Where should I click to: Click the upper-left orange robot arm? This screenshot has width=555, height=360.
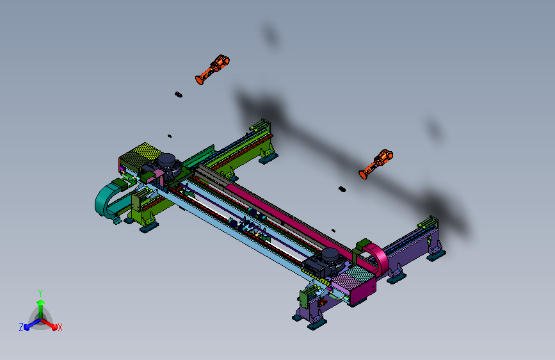point(212,69)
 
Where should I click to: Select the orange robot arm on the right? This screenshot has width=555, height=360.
point(376,164)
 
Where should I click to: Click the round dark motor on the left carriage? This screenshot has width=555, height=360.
point(167,161)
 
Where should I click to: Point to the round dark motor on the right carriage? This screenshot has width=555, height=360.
point(330,256)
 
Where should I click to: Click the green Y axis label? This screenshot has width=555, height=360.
point(40,293)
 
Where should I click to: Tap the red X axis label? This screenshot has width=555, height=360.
point(60,327)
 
